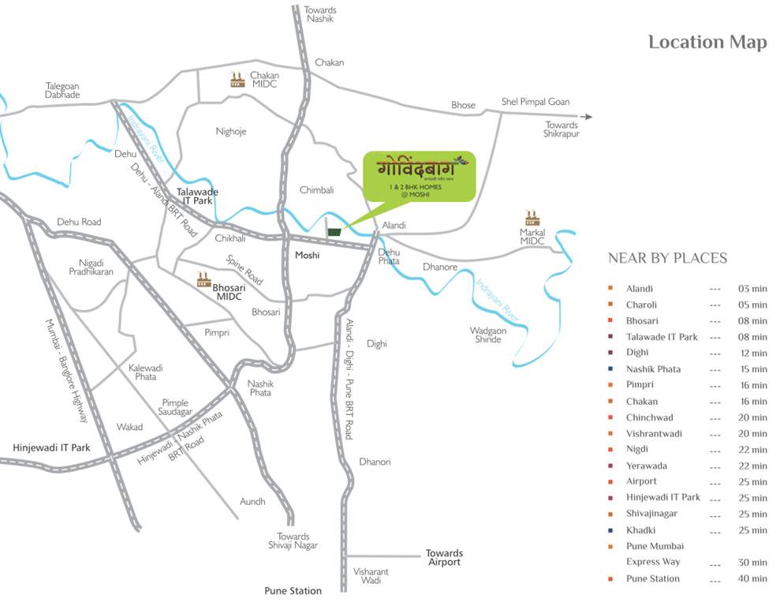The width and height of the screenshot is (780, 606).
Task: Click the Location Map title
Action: click(x=707, y=42)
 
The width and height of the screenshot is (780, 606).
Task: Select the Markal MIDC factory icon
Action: click(x=532, y=218)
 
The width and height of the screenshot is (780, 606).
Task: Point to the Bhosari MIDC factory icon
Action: click(x=204, y=279)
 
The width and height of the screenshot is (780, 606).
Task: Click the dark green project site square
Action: click(x=335, y=232)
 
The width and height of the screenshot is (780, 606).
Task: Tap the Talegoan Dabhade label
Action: click(x=62, y=90)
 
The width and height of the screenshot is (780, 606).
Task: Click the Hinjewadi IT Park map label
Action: click(x=51, y=447)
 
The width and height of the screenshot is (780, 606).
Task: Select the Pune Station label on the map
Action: click(x=293, y=590)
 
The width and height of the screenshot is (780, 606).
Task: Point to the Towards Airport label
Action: click(x=444, y=558)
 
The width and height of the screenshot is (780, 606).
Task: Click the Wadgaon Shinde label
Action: click(x=488, y=335)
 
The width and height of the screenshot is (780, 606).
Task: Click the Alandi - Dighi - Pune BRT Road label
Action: click(x=349, y=378)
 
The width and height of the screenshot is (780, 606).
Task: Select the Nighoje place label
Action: click(x=231, y=131)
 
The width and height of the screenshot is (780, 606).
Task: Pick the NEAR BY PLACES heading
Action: click(x=667, y=259)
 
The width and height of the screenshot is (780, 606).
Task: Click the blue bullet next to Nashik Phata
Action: click(x=611, y=369)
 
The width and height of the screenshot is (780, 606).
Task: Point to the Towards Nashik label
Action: click(x=320, y=14)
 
